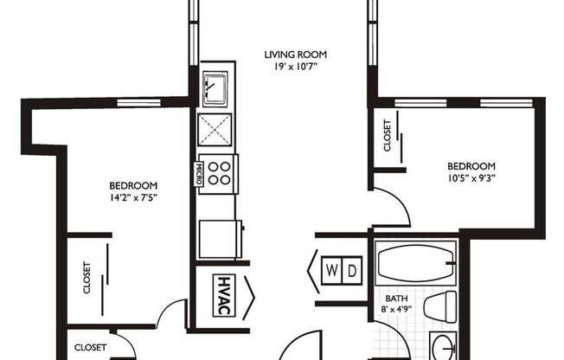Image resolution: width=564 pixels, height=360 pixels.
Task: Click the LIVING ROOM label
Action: [x=295, y=55]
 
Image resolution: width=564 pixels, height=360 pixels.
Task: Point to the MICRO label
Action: [x=199, y=170]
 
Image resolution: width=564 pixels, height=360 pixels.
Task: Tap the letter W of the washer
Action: [x=332, y=271]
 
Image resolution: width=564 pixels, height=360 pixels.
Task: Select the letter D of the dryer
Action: [x=353, y=271]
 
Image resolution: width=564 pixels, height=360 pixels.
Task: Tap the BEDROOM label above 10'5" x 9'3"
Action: [x=471, y=166]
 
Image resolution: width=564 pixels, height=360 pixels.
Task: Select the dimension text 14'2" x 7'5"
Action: [x=132, y=197]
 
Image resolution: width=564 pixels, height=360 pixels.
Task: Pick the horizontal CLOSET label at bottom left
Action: [x=90, y=347]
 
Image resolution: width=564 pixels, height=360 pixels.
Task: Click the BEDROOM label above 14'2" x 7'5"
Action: [x=132, y=185]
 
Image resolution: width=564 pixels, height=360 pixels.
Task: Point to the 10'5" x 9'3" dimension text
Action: [x=471, y=179]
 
